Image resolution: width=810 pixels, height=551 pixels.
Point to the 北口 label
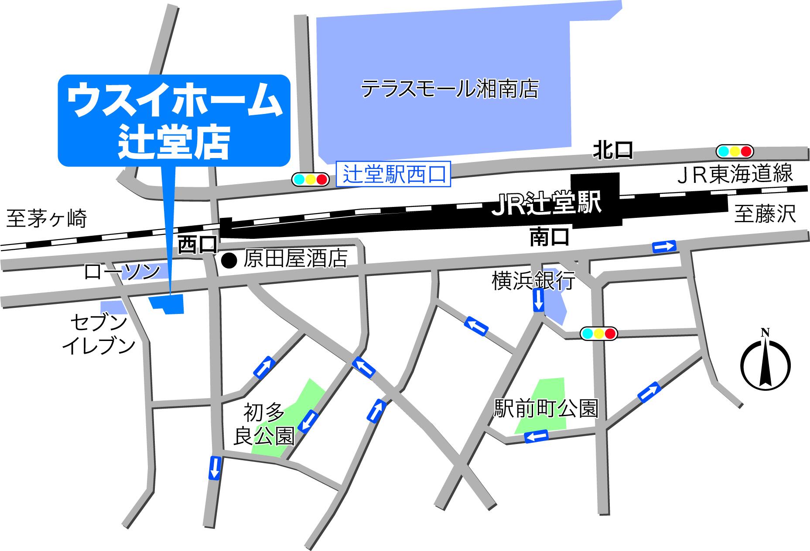point(612,151)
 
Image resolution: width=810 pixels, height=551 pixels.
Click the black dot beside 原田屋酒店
point(229,261)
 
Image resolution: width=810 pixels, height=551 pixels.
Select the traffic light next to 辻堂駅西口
point(310,179)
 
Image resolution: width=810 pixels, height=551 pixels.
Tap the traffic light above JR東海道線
point(735,152)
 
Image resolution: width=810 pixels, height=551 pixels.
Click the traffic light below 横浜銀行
point(598,334)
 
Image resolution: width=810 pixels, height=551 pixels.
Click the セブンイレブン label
point(99,335)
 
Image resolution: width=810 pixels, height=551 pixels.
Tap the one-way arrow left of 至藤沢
point(664,247)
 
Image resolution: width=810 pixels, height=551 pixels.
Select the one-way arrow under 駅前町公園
point(536,436)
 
